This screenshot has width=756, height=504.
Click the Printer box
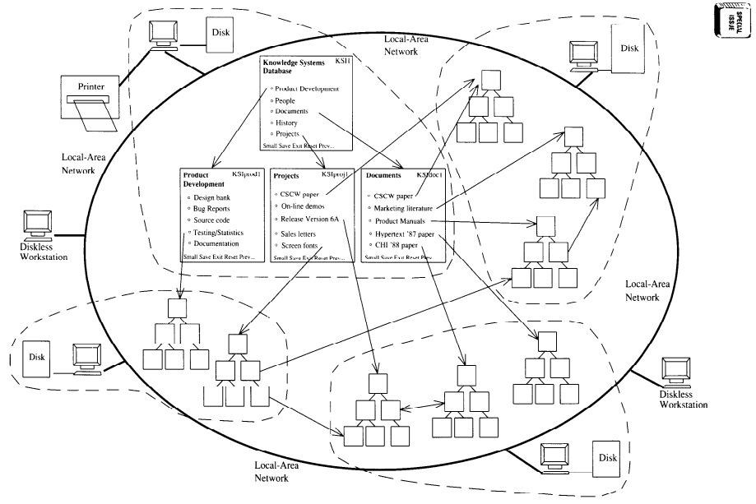tap(86, 86)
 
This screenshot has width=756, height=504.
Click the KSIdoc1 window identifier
tap(429, 175)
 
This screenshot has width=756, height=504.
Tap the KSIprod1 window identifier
tap(246, 174)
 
